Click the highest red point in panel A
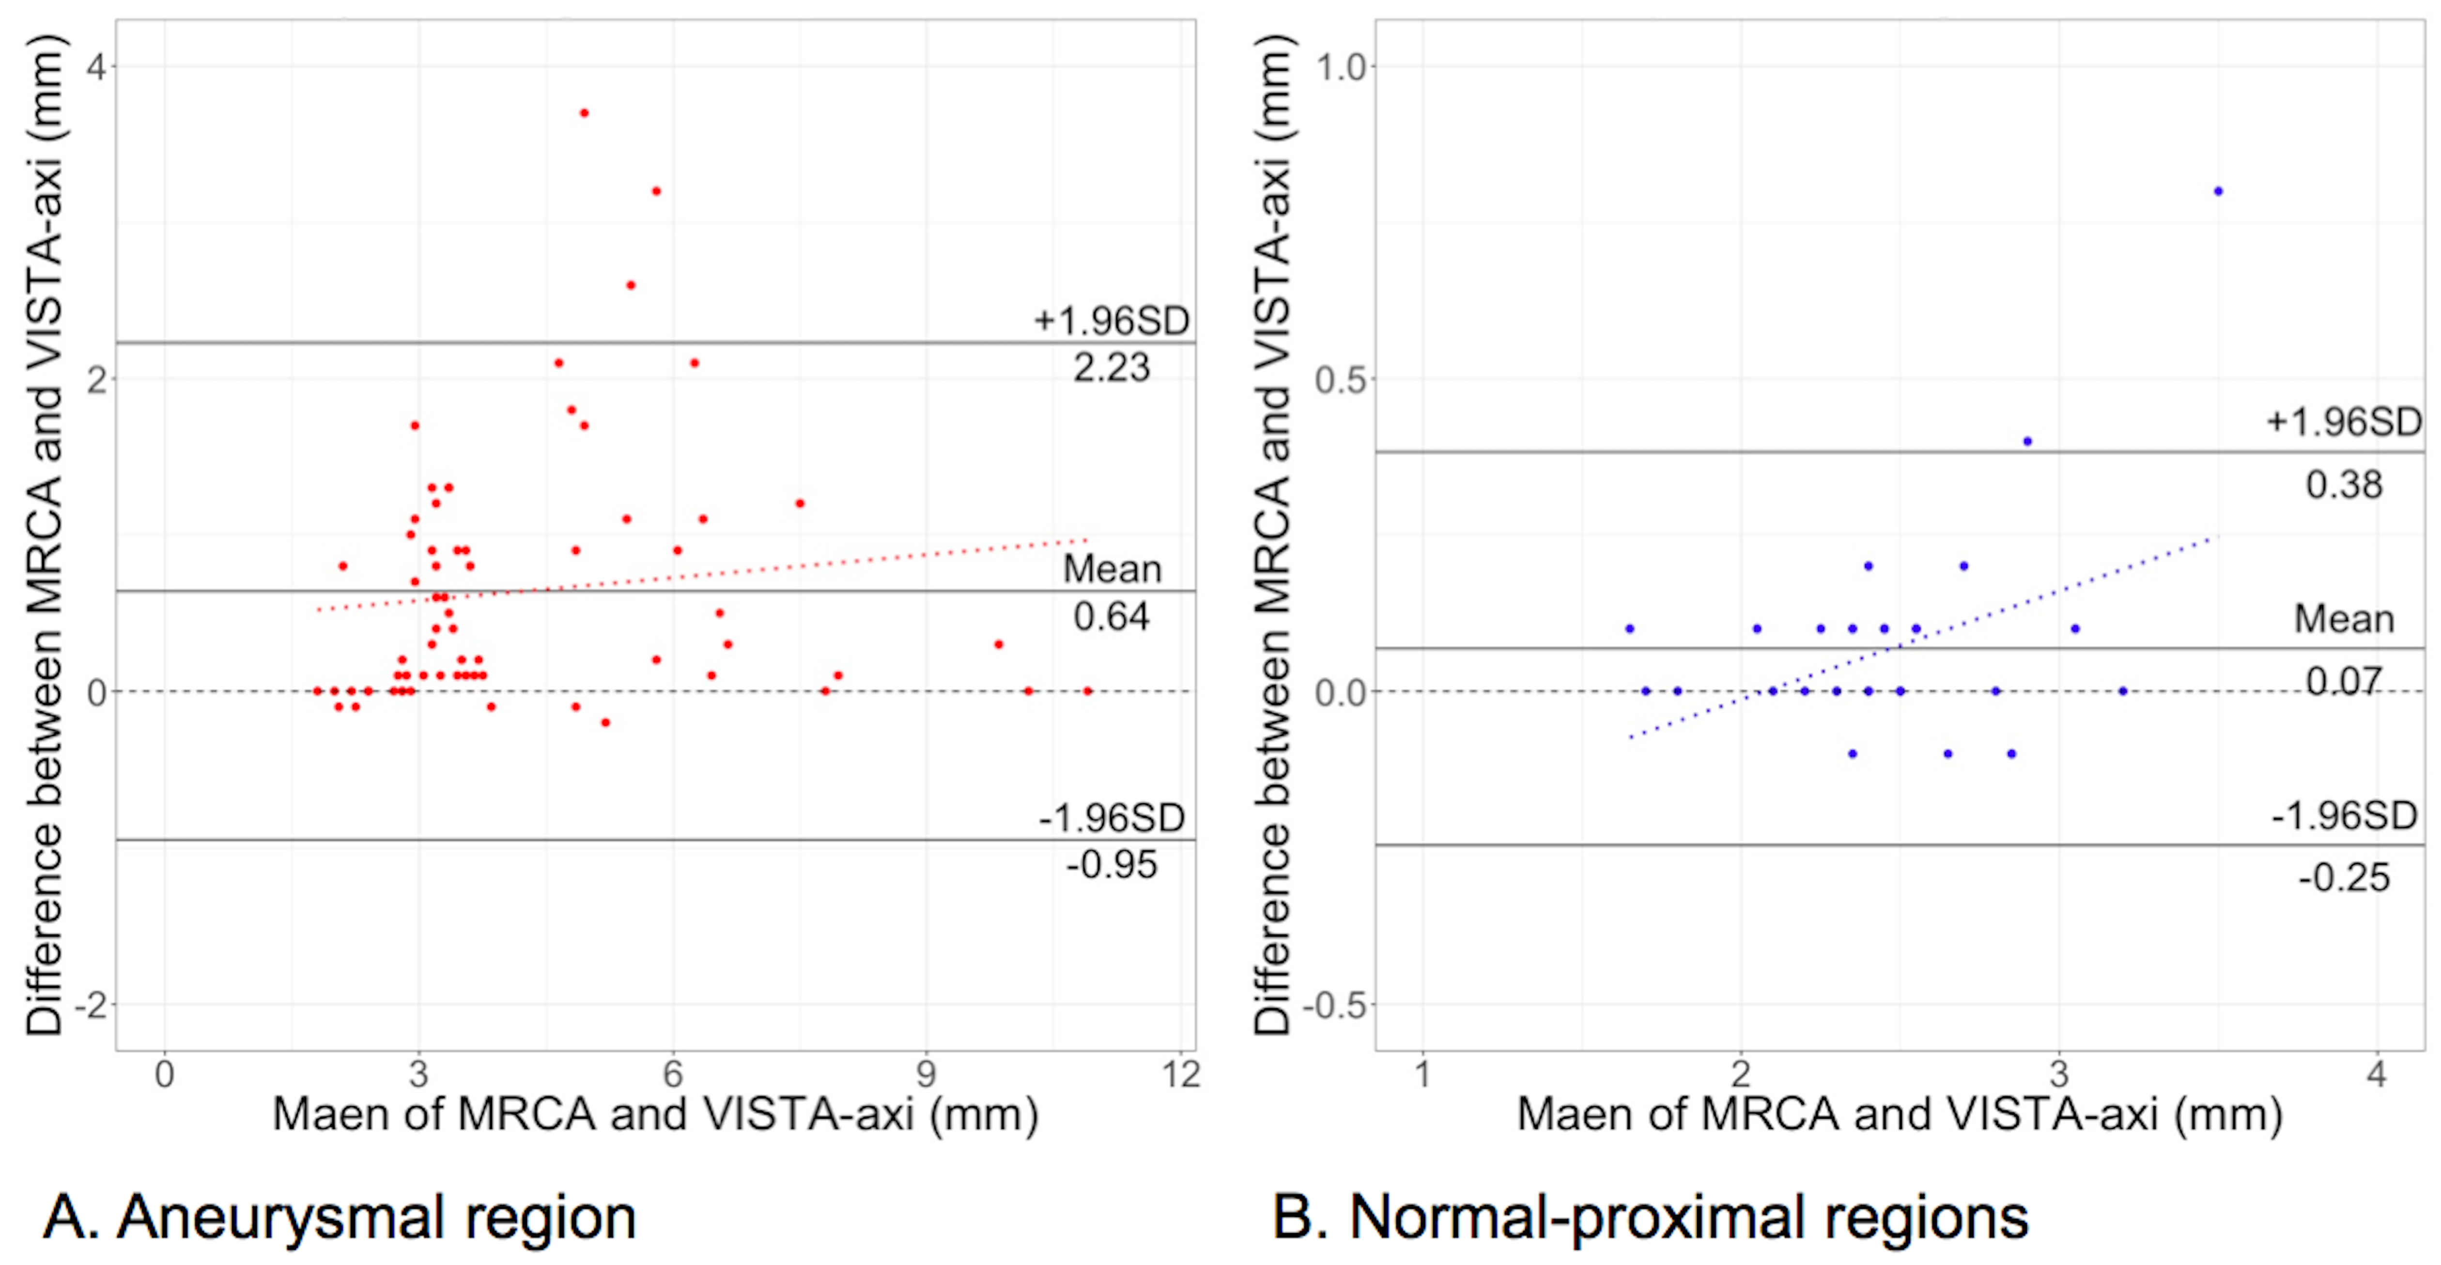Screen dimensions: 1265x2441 (x=584, y=113)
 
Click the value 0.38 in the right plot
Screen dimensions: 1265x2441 (x=2343, y=485)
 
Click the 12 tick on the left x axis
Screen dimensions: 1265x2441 (x=1181, y=1075)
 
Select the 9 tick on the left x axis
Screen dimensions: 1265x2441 (x=926, y=1075)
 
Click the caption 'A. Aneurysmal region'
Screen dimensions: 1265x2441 (x=339, y=1218)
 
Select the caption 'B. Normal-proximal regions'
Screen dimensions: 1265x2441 (x=1650, y=1218)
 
